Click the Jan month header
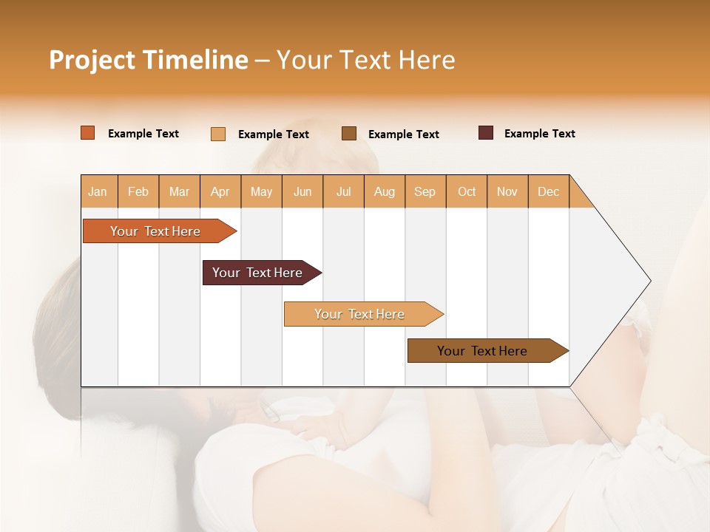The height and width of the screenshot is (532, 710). (98, 191)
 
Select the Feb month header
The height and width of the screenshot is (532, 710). (138, 191)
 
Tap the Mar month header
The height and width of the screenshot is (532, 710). (179, 191)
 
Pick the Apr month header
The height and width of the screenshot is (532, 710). (220, 191)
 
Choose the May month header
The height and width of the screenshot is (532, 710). (261, 191)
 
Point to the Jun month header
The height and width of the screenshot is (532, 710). (302, 191)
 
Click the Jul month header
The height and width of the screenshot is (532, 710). (343, 191)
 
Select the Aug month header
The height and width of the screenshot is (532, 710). (385, 191)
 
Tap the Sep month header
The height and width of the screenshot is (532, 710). (425, 191)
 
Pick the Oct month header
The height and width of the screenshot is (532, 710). (467, 191)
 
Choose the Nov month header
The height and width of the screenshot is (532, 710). (507, 191)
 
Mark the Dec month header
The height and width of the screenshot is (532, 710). (549, 191)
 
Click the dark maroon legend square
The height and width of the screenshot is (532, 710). (486, 133)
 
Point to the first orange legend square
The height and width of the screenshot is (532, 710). (88, 133)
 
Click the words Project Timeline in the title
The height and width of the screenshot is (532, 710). (149, 60)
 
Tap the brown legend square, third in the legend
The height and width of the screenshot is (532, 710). (349, 134)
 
